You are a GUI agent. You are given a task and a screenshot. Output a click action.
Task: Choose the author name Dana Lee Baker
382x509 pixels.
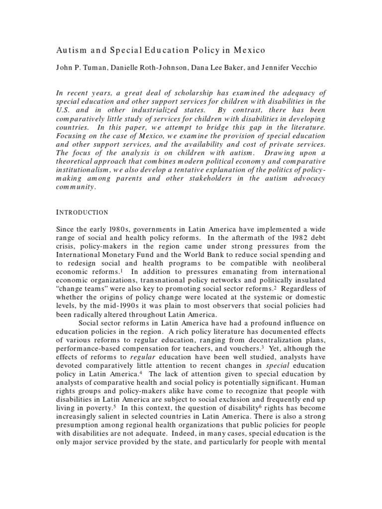coord(218,69)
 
